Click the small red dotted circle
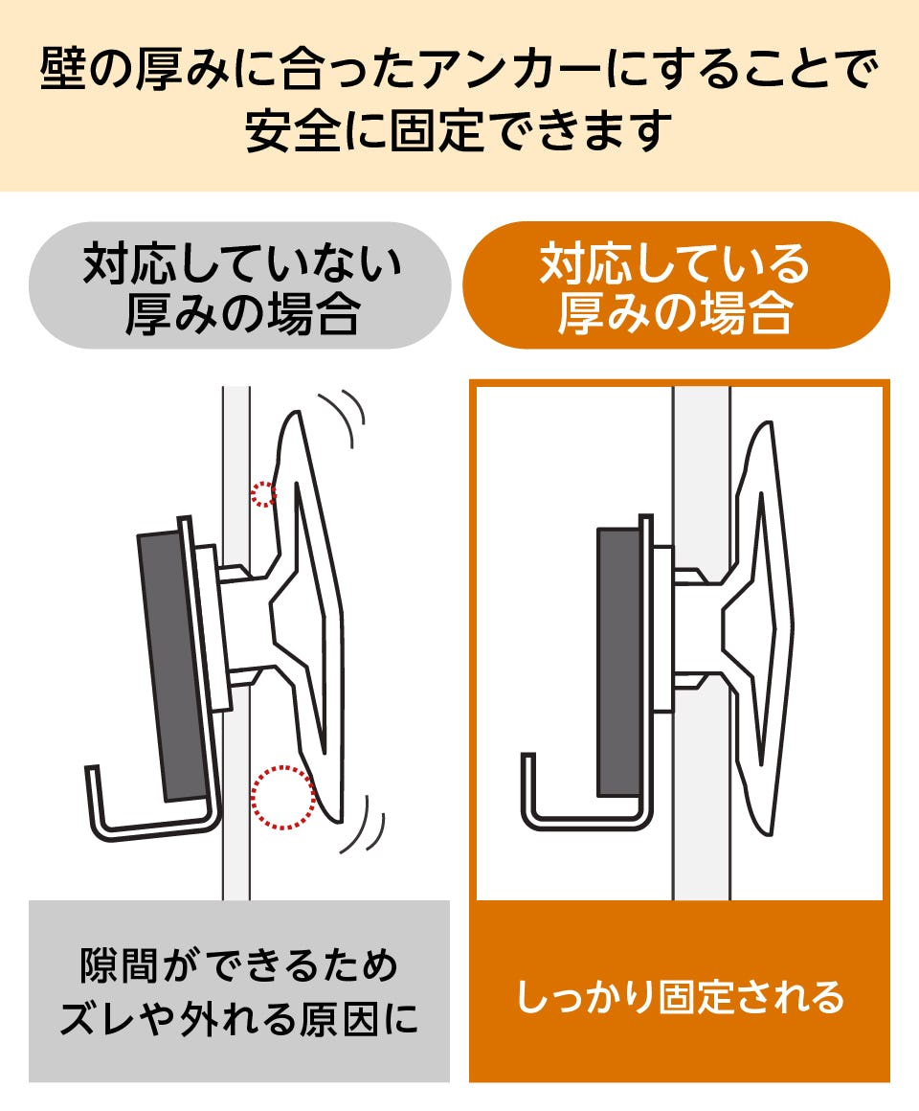pyautogui.click(x=263, y=494)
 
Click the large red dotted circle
pyautogui.click(x=283, y=797)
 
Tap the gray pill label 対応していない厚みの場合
pyautogui.click(x=240, y=285)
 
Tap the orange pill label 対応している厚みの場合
pyautogui.click(x=676, y=285)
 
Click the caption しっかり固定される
pyautogui.click(x=680, y=996)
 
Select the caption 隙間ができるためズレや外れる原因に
pyautogui.click(x=239, y=992)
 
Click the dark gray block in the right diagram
pyautogui.click(x=619, y=663)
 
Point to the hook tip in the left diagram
pyautogui.click(x=91, y=769)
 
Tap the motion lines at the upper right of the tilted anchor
pyautogui.click(x=344, y=417)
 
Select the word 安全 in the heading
pyautogui.click(x=292, y=131)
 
